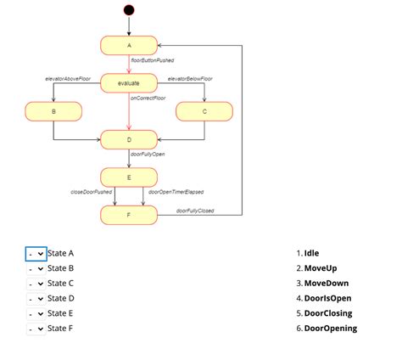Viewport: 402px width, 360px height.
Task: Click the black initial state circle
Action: (129, 10)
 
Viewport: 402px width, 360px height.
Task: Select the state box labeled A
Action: (129, 45)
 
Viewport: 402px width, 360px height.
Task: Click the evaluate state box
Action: (129, 82)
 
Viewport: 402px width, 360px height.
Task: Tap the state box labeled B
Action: (53, 111)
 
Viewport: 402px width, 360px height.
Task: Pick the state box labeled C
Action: (204, 111)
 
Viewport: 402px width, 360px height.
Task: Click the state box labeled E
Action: (129, 177)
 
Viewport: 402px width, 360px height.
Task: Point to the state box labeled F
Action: (129, 215)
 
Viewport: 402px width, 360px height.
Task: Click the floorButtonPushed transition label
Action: (153, 61)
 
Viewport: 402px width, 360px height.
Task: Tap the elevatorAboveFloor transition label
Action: (68, 78)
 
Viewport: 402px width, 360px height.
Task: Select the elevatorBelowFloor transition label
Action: (190, 78)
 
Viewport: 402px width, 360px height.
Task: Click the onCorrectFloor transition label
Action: (148, 98)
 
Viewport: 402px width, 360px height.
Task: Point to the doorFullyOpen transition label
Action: (148, 155)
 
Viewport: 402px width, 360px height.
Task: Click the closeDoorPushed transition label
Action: (91, 192)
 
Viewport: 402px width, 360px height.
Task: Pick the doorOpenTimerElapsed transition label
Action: (176, 192)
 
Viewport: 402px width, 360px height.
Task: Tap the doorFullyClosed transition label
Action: (195, 210)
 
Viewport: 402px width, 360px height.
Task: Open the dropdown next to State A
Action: (36, 253)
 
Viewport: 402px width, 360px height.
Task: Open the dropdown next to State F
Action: (36, 328)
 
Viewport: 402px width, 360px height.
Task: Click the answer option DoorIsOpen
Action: (327, 298)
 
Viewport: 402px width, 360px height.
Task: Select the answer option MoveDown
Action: (326, 283)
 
